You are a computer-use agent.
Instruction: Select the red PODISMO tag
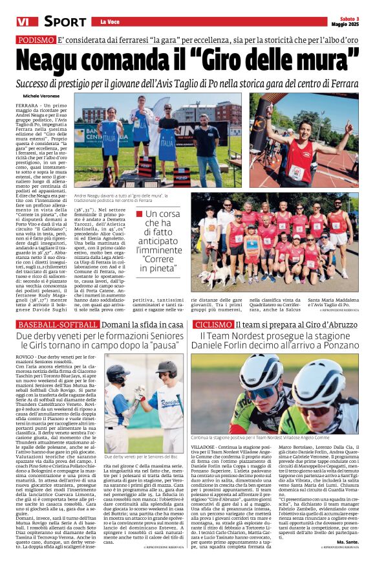point(36,39)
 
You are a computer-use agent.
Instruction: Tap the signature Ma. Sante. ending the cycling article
point(348,541)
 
